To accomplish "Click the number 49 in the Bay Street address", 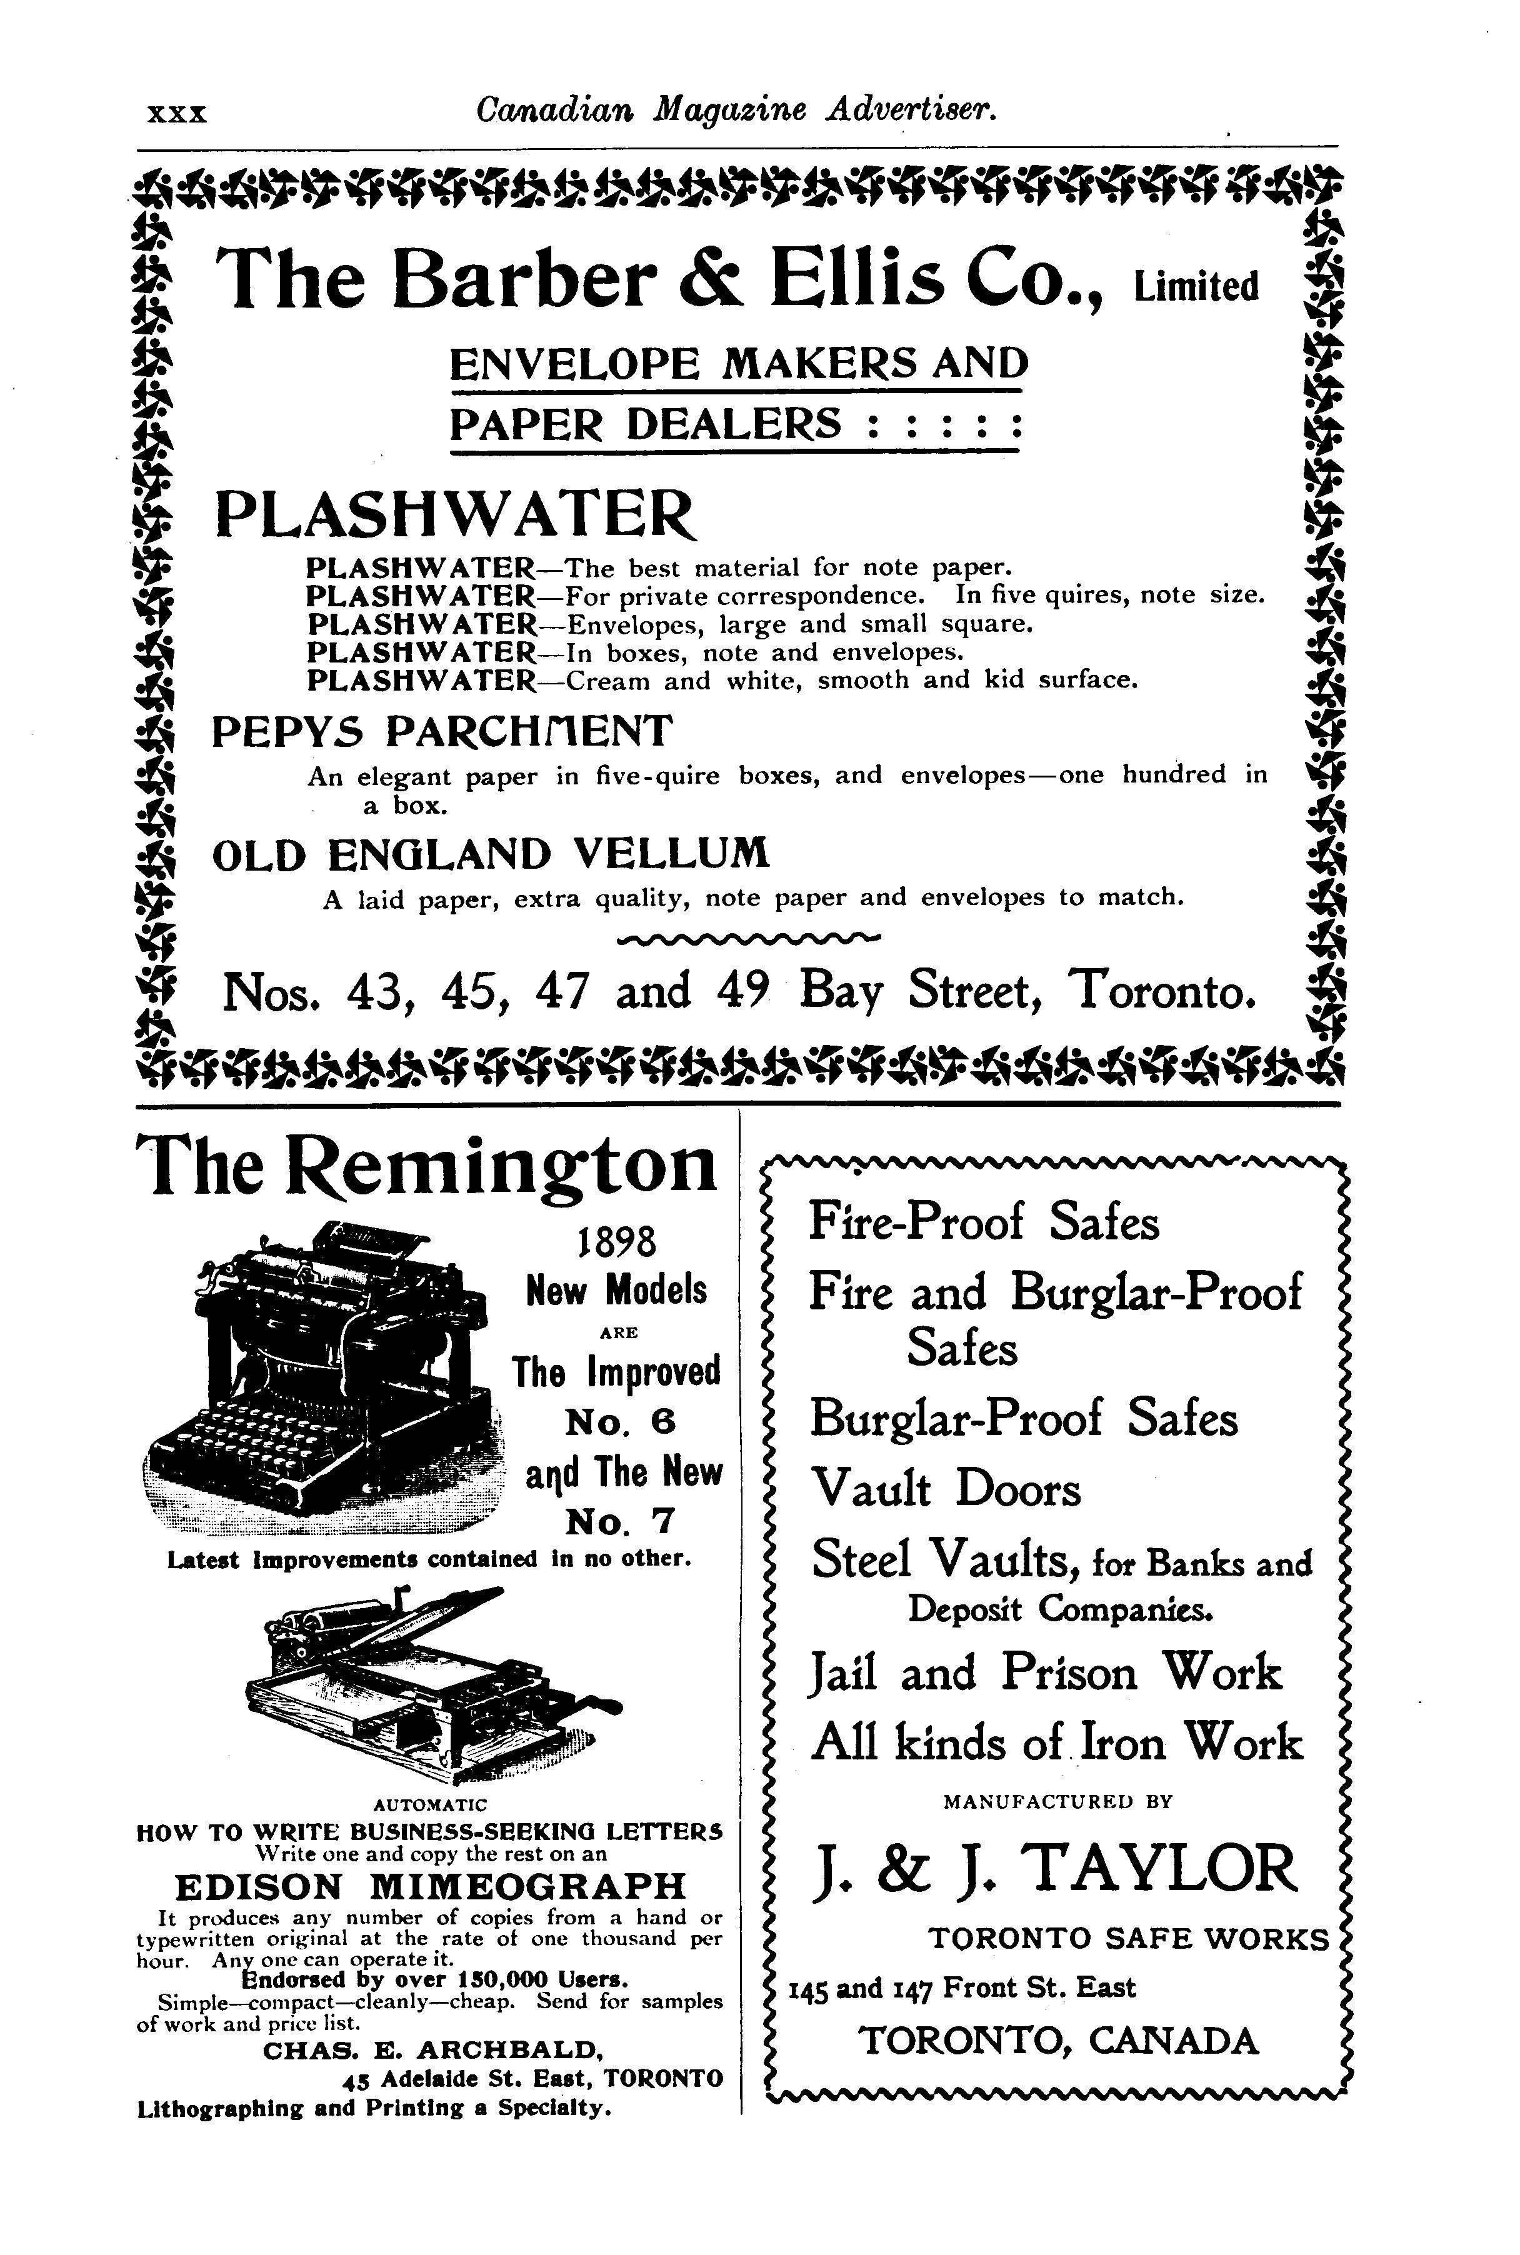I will tap(744, 990).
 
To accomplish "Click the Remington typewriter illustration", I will tap(325, 1377).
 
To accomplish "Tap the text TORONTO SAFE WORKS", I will tap(1128, 1939).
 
